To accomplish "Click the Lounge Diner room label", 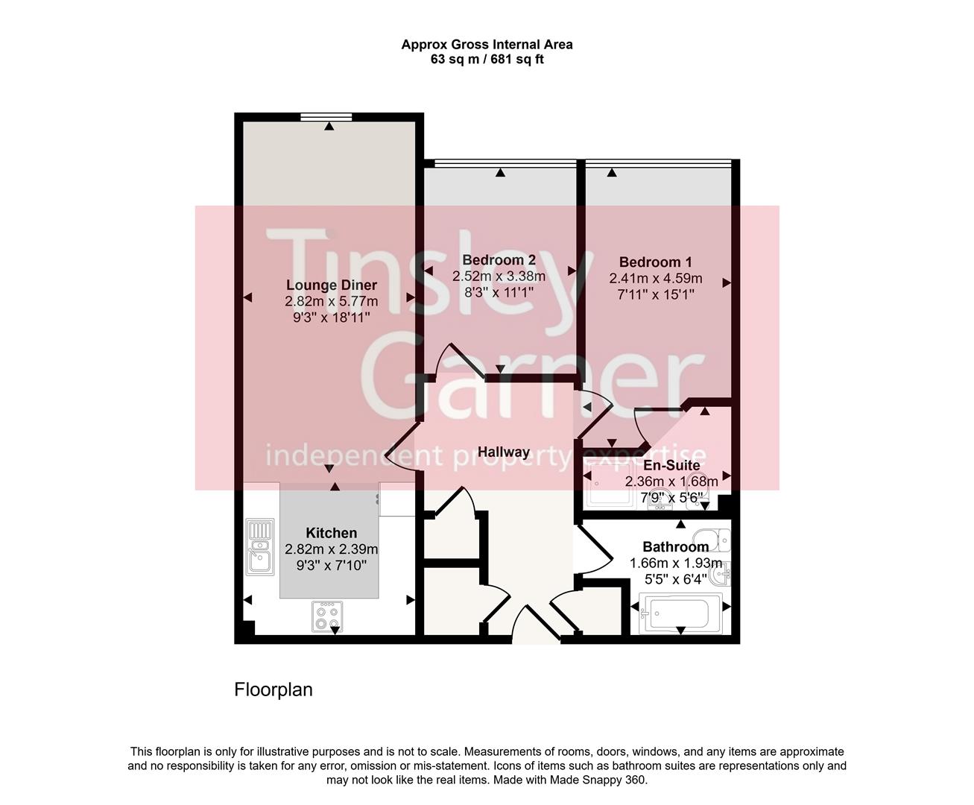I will [332, 285].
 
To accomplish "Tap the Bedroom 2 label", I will [499, 260].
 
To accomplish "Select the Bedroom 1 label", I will [655, 262].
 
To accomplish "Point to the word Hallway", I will [503, 452].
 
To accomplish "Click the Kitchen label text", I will [331, 533].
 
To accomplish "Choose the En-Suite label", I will [671, 466].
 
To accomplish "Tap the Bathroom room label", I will [675, 546].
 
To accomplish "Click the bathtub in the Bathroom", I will [679, 613].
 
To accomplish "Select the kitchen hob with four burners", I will [327, 616].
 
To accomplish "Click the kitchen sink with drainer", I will [259, 546].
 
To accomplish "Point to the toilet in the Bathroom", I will [711, 537].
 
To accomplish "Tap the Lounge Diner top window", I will [326, 116].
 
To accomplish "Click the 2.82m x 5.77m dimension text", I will [332, 302].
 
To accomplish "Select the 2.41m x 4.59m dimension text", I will [655, 279].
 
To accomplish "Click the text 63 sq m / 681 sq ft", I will [487, 60].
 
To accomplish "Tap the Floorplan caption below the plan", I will [273, 689].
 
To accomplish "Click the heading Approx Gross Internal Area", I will [487, 44].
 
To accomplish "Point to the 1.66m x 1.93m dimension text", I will [675, 563].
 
